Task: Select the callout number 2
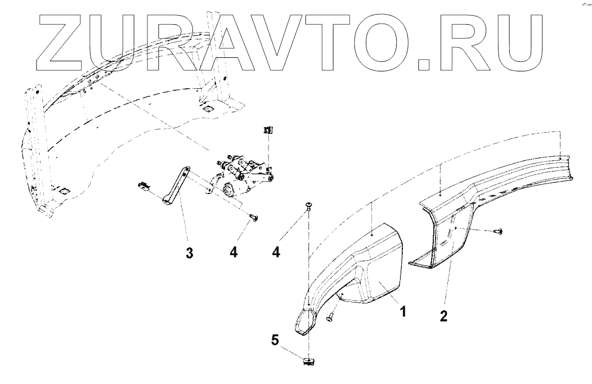[x=443, y=315]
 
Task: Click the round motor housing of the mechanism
[x=229, y=191]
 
